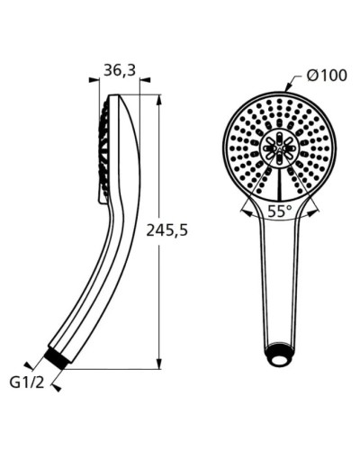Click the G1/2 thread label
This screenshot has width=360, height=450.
(27, 382)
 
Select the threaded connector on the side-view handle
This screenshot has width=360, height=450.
(58, 357)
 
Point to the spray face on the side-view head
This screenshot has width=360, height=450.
(103, 148)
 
